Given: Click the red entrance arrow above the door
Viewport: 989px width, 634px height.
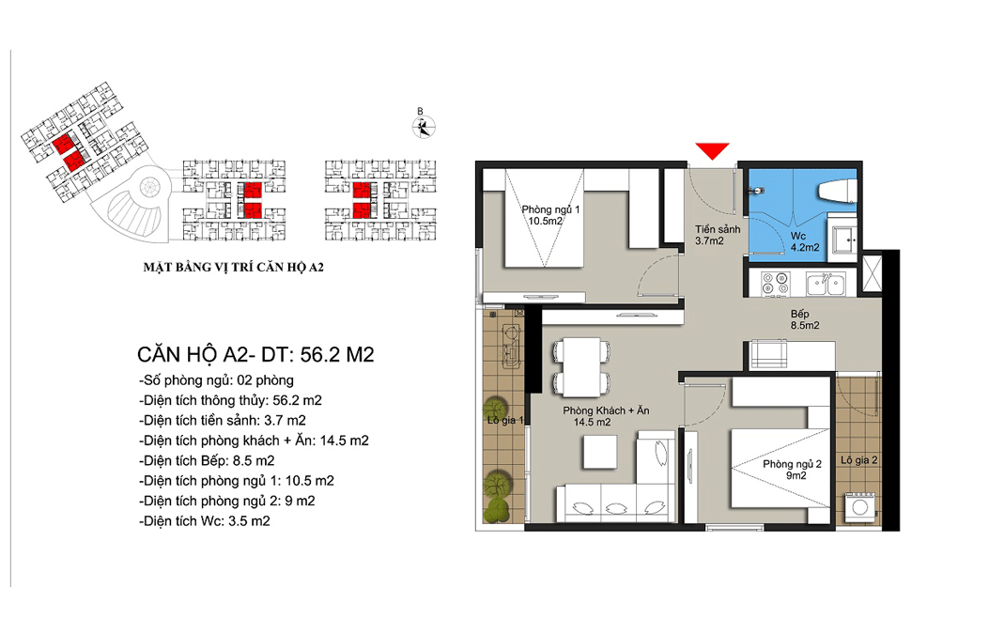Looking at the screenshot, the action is point(712,150).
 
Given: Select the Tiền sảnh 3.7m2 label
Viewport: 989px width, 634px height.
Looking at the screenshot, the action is point(718,235).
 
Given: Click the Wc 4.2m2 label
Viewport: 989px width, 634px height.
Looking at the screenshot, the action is point(805,241).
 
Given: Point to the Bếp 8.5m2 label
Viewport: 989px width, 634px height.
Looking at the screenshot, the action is point(804,319).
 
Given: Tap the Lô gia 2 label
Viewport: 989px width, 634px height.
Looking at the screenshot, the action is point(858,460).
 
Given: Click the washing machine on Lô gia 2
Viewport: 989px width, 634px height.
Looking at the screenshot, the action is point(859,506).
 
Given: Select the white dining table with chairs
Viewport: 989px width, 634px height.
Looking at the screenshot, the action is point(581,367).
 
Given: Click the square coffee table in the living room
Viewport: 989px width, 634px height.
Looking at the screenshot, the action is point(600,452).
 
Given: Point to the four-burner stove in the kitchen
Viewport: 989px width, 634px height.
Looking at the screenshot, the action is point(775,284).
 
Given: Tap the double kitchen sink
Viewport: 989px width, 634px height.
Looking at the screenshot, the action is point(826,284).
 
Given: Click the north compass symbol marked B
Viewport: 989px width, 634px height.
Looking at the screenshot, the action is point(424,125).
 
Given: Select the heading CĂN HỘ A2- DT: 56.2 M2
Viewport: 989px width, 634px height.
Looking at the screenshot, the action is point(255,354).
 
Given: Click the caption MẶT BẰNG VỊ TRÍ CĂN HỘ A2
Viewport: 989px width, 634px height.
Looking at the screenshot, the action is point(233,268).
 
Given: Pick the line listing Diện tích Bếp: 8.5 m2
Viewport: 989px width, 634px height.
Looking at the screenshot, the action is point(207,460).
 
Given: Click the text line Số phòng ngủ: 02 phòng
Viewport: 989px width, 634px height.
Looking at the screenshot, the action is point(216,380).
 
